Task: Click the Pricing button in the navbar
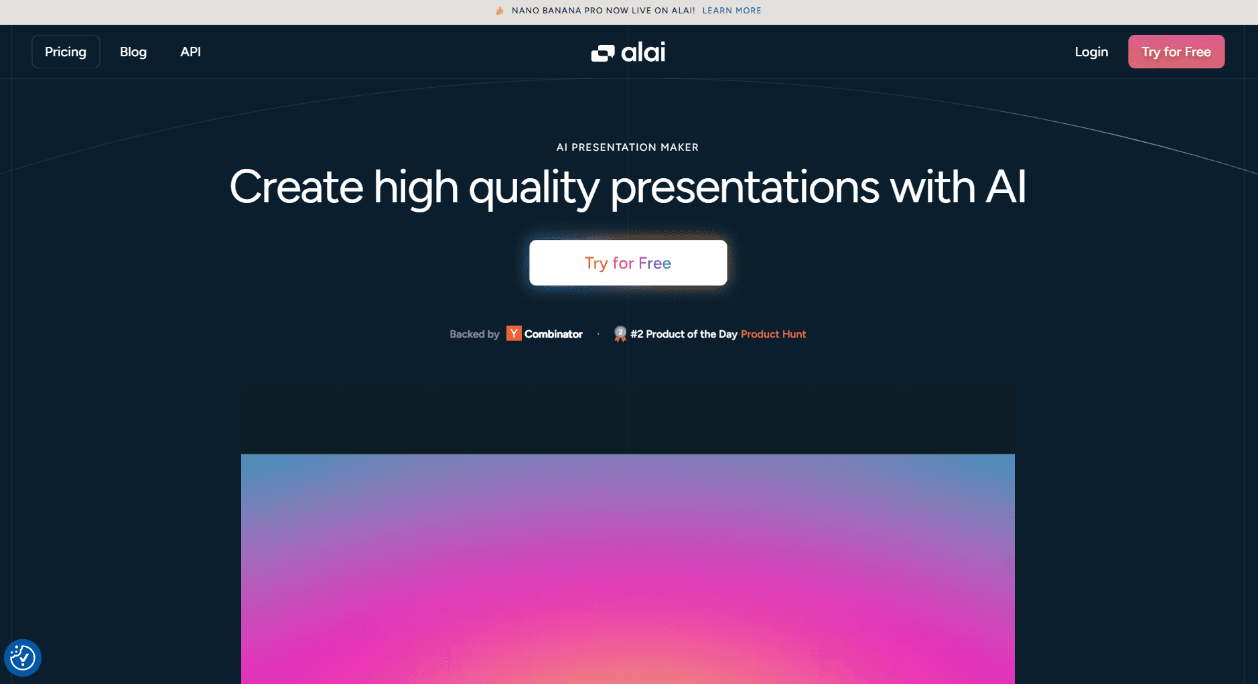point(66,52)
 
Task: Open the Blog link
point(133,52)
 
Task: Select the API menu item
point(190,52)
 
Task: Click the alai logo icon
point(603,53)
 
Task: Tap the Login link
point(1091,52)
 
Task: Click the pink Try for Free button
point(1176,52)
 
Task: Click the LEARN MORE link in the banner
point(731,11)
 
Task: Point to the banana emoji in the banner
point(500,10)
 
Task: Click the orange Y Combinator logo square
point(514,333)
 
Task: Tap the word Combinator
point(553,334)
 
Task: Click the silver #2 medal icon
point(620,334)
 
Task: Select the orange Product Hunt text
point(773,334)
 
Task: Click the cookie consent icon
point(23,658)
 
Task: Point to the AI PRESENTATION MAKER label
point(628,147)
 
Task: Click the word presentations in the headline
point(745,188)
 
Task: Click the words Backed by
point(474,334)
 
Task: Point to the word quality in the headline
point(534,188)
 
